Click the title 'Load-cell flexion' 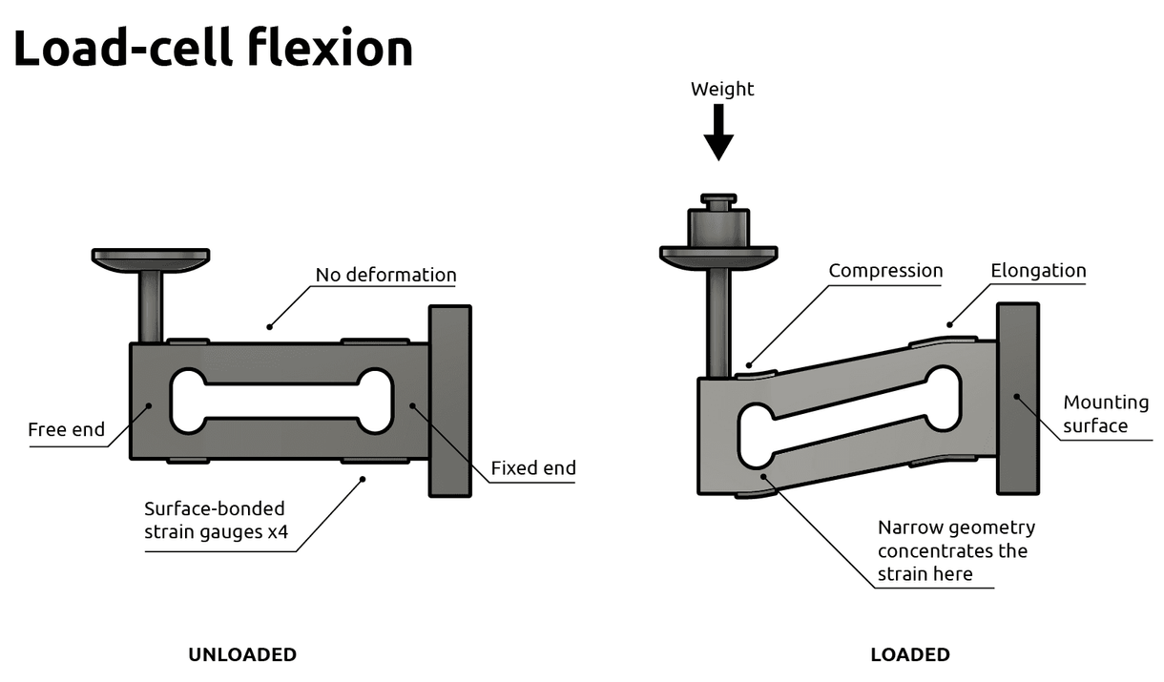pyautogui.click(x=213, y=48)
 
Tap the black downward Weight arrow pyautogui.click(x=718, y=132)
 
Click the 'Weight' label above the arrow pyautogui.click(x=722, y=89)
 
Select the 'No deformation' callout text pyautogui.click(x=385, y=275)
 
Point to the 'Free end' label pyautogui.click(x=66, y=429)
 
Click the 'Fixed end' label pyautogui.click(x=532, y=468)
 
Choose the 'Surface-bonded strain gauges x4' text pyautogui.click(x=216, y=520)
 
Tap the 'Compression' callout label pyautogui.click(x=884, y=271)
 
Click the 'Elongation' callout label pyautogui.click(x=1038, y=271)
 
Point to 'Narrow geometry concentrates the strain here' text pyautogui.click(x=955, y=550)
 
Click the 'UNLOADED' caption pyautogui.click(x=242, y=655)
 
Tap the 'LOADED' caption pyautogui.click(x=909, y=655)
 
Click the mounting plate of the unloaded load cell pyautogui.click(x=450, y=401)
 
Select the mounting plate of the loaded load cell pyautogui.click(x=1018, y=398)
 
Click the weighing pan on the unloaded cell pyautogui.click(x=151, y=257)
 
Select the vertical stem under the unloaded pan pyautogui.click(x=151, y=304)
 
